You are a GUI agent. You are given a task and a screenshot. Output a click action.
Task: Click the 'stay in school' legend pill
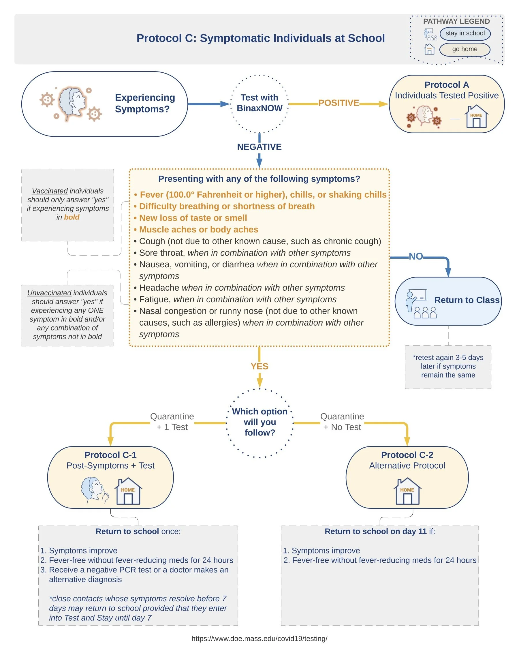click(465, 33)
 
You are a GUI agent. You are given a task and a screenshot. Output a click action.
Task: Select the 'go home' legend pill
click(465, 49)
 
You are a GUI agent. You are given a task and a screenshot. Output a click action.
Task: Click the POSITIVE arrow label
click(339, 103)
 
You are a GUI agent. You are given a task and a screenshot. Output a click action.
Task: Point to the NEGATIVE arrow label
click(259, 147)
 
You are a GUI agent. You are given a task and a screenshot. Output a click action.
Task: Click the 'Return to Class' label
click(467, 300)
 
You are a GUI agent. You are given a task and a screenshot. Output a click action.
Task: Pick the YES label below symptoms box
click(259, 366)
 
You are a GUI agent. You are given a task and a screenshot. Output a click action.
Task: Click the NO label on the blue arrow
click(416, 256)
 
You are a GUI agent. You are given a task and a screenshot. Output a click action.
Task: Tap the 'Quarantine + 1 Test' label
click(172, 422)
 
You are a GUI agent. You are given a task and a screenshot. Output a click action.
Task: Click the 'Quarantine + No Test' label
click(342, 422)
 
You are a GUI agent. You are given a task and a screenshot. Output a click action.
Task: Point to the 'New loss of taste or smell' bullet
click(190, 218)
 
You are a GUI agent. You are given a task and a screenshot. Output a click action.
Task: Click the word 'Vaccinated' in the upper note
click(50, 191)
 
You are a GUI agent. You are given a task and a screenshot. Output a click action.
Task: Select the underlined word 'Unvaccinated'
click(49, 293)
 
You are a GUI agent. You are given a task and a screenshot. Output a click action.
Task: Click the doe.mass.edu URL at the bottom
click(259, 639)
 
